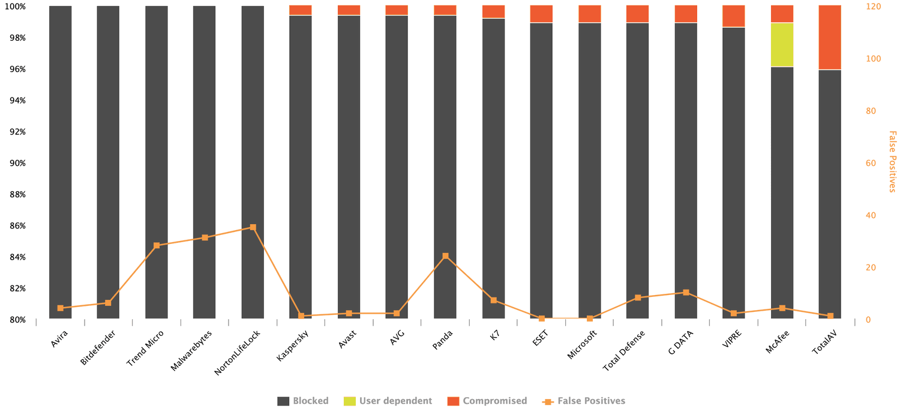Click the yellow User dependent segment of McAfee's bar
point(782,44)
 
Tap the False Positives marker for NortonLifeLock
point(253,228)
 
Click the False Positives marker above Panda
point(445,256)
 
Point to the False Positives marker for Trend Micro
point(157,246)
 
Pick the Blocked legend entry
point(303,401)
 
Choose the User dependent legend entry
point(388,401)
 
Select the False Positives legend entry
point(584,401)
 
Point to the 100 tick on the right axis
point(872,59)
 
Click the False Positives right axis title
point(892,162)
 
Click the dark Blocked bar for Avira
point(60,162)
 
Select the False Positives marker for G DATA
point(686,293)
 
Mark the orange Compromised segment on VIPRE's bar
point(733,16)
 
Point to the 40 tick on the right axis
point(871,216)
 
